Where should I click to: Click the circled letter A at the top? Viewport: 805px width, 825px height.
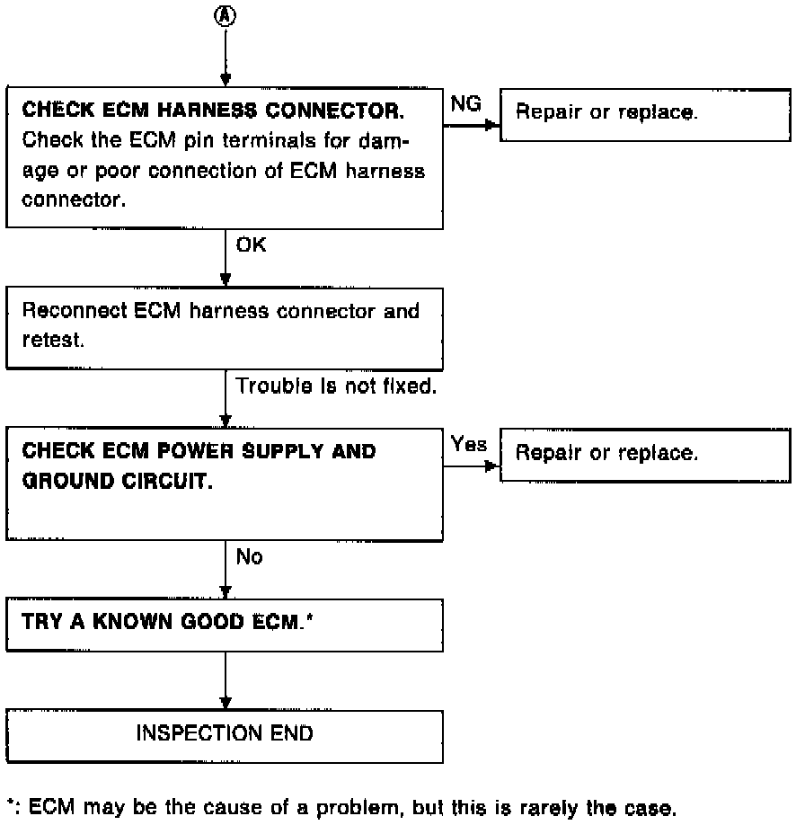coord(226,16)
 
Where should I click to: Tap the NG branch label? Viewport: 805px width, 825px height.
coord(465,103)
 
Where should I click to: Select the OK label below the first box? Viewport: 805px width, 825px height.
coord(251,244)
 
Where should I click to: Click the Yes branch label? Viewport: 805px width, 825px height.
coord(468,444)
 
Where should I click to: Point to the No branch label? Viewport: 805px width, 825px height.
coord(249,556)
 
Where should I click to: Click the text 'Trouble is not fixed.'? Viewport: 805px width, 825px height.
coord(336,386)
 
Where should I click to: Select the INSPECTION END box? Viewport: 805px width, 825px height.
coord(225,736)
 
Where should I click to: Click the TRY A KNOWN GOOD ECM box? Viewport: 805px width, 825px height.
coord(225,625)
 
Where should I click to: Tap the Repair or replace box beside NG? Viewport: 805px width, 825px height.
coord(645,115)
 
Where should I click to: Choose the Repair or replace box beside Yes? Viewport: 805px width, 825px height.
coord(645,455)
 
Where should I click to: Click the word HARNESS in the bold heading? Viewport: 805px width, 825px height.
coord(207,110)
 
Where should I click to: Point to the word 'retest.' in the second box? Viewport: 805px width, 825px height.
coord(53,340)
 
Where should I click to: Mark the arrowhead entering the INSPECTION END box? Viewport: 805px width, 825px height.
coord(226,704)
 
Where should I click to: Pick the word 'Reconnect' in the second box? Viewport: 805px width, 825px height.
coord(75,310)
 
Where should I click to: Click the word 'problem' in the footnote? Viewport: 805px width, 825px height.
coord(360,808)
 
